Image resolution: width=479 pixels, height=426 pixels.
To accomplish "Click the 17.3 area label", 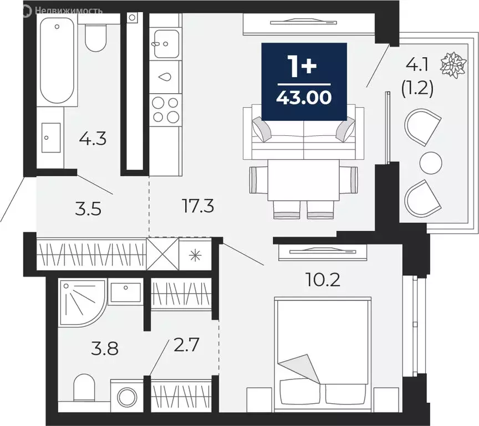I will tap(198, 207).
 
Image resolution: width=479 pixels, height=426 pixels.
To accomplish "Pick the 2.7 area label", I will tap(187, 349).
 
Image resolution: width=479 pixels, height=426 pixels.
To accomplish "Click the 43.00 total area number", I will tap(304, 98).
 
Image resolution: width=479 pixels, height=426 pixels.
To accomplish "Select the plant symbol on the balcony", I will tap(452, 64).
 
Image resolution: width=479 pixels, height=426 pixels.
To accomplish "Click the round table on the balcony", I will tap(431, 163).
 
